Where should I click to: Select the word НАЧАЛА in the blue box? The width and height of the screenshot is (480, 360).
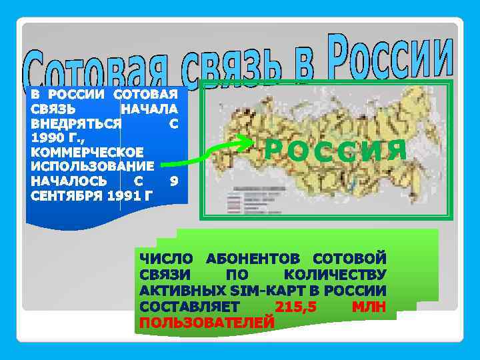pyautogui.click(x=149, y=109)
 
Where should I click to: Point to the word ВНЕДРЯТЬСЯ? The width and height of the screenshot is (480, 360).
pyautogui.click(x=76, y=123)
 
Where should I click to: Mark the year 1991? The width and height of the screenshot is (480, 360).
pyautogui.click(x=125, y=195)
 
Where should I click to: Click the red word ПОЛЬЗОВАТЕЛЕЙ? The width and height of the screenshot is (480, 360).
pyautogui.click(x=207, y=322)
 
